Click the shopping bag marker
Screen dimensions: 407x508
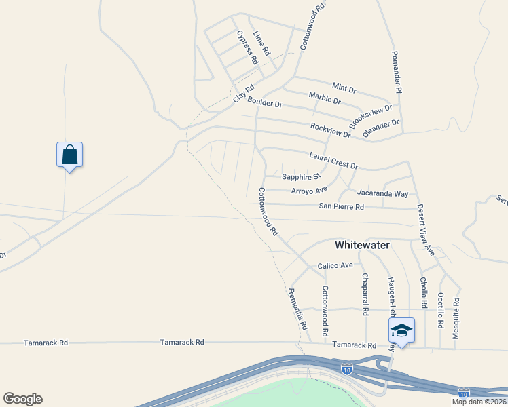pyautogui.click(x=69, y=155)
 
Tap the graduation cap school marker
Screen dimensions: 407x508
pyautogui.click(x=401, y=331)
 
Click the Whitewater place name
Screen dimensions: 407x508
pyautogui.click(x=363, y=245)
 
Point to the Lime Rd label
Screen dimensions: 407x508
pyautogui.click(x=261, y=43)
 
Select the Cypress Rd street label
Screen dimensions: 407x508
pyautogui.click(x=247, y=47)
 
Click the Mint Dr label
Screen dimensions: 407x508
pyautogui.click(x=344, y=88)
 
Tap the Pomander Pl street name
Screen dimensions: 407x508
pyautogui.click(x=399, y=72)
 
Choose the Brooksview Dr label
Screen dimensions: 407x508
pyautogui.click(x=371, y=116)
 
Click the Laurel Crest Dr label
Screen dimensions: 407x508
pyautogui.click(x=333, y=160)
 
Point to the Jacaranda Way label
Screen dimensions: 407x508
pyautogui.click(x=383, y=193)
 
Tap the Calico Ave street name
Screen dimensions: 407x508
pyautogui.click(x=335, y=265)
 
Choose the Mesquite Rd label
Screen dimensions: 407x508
pyautogui.click(x=456, y=317)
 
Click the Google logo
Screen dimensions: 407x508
pyautogui.click(x=22, y=399)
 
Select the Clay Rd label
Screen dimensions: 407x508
pyautogui.click(x=243, y=93)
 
